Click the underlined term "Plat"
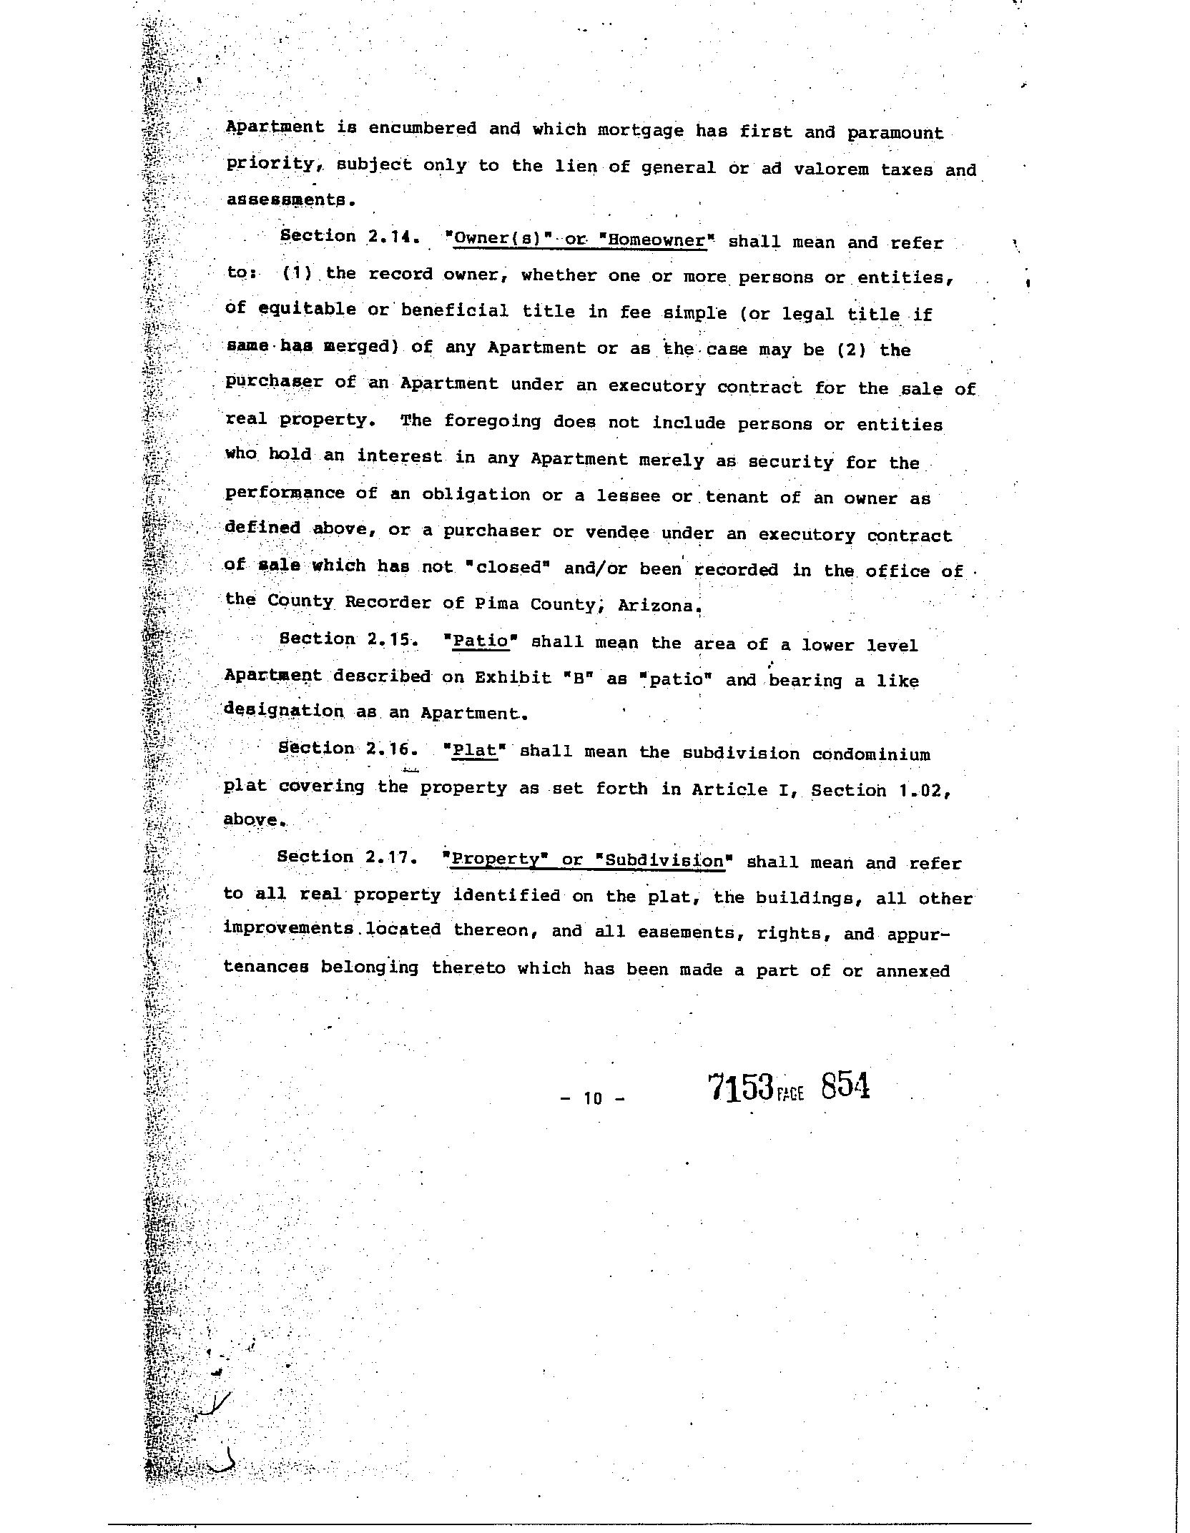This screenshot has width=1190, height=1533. click(475, 751)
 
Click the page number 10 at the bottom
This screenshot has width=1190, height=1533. click(593, 1098)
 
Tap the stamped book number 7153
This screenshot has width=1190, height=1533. click(741, 1088)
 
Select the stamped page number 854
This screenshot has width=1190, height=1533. click(845, 1087)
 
